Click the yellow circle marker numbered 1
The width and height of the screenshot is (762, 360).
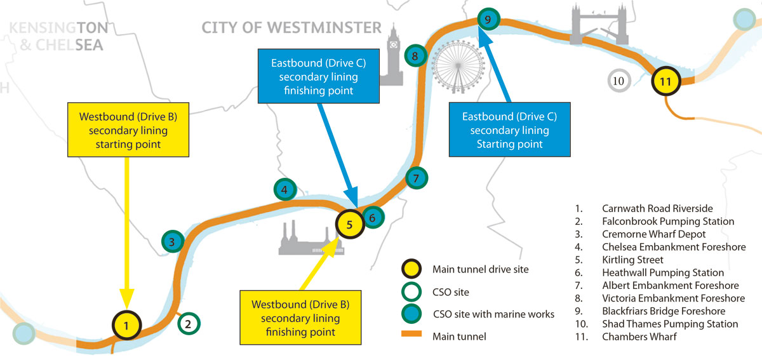point(127,326)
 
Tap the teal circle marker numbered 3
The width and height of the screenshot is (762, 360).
point(172,241)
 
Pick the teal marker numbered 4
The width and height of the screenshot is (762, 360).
point(285,189)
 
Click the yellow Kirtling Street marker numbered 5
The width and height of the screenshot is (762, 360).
point(349,223)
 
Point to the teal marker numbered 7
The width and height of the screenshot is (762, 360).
point(416,178)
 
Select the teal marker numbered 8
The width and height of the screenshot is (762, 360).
point(415,56)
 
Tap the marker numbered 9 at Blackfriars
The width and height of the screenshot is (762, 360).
point(488,20)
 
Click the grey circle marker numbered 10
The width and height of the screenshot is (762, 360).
point(618,81)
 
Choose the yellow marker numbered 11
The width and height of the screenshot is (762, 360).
point(665,81)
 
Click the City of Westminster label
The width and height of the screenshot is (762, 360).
point(291,27)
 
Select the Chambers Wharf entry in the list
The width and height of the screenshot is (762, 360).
point(639,337)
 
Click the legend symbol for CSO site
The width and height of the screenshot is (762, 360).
point(412,292)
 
